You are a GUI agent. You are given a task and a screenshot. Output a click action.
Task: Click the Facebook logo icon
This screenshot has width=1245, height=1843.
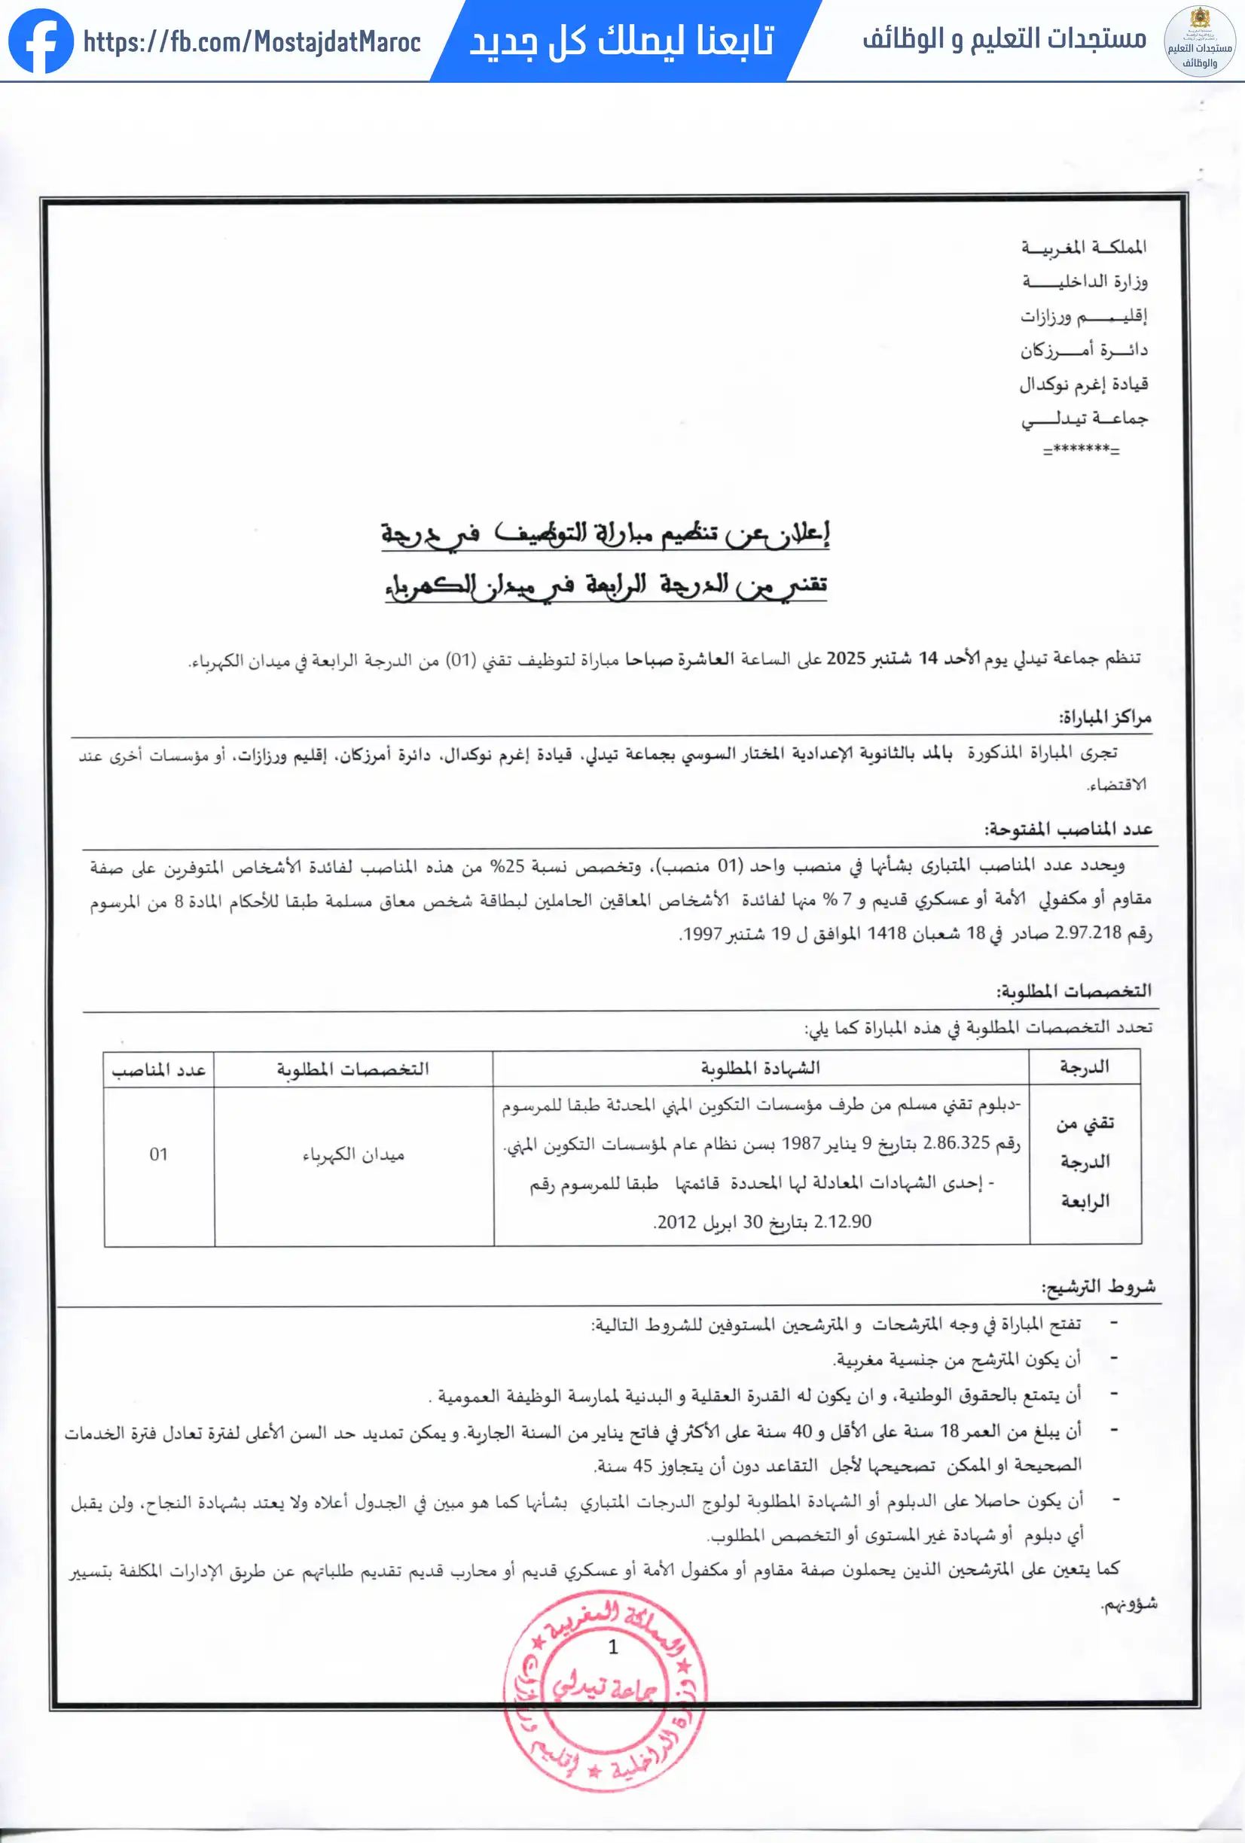(x=41, y=41)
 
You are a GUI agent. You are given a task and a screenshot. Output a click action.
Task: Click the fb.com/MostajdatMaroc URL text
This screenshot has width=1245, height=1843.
(x=252, y=41)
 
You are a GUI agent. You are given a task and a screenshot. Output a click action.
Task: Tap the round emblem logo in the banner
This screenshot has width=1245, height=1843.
(x=1199, y=41)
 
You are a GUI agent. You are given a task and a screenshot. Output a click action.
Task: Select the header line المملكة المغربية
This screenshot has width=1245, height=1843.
(x=1083, y=248)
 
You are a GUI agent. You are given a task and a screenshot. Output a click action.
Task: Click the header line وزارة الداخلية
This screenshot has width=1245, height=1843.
(x=1084, y=281)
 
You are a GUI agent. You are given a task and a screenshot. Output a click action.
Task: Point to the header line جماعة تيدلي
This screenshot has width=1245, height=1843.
(x=1084, y=418)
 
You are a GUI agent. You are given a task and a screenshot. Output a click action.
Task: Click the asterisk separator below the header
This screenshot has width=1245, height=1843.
(x=1081, y=449)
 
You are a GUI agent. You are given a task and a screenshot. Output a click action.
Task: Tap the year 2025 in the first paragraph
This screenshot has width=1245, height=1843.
(x=845, y=659)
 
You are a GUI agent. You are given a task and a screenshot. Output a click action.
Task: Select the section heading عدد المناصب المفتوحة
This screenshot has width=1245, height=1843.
(x=1068, y=829)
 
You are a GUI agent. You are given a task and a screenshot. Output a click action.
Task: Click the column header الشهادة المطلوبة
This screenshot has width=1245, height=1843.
(x=759, y=1068)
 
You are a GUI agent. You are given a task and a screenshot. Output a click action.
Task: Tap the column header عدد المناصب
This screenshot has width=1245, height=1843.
(x=159, y=1070)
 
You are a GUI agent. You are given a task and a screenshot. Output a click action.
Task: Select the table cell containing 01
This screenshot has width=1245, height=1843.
(x=159, y=1154)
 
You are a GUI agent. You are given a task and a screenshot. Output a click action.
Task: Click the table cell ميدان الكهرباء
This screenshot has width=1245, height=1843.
(x=353, y=1155)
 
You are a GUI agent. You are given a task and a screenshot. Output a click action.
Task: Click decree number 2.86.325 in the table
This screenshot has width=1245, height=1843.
(x=957, y=1143)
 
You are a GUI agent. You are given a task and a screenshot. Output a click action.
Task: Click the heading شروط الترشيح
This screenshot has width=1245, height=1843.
(x=1098, y=1287)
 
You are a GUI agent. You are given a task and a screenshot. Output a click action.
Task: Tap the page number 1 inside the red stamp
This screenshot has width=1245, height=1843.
(x=612, y=1647)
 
